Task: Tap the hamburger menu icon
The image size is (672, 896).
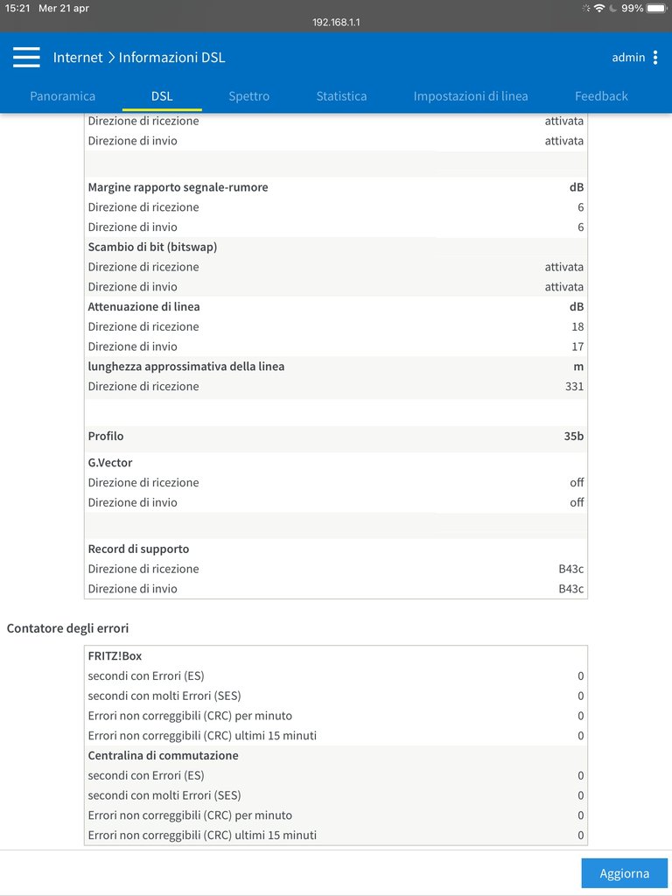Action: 26,58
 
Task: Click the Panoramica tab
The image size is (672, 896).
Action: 62,96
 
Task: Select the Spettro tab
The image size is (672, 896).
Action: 249,96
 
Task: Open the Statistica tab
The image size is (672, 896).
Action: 341,96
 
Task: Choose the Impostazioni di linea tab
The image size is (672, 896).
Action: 471,96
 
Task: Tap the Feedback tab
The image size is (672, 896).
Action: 601,96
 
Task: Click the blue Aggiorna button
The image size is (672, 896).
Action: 624,873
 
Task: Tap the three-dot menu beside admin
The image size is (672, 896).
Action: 655,58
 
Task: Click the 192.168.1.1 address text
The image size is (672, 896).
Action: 336,23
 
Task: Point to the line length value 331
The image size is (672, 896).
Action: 574,387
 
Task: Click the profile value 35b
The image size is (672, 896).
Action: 573,436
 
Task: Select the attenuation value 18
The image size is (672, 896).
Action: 577,327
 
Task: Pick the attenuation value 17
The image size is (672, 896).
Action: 577,347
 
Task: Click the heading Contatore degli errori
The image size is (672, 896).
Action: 68,628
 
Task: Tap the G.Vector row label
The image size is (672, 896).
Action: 110,463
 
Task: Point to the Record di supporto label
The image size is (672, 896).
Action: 138,549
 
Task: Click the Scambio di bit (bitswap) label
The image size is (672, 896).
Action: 152,248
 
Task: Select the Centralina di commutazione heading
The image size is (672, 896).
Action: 163,756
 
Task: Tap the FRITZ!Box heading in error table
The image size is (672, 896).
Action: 115,656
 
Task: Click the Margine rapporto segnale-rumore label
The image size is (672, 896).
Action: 178,187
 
